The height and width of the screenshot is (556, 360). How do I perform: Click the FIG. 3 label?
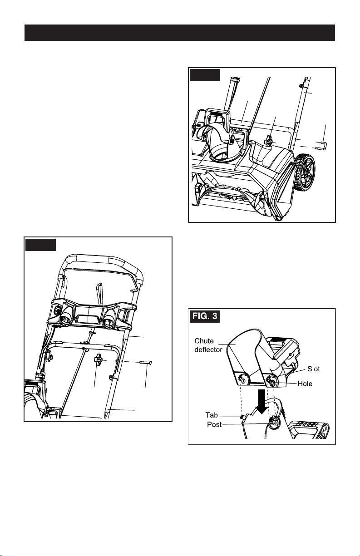[205, 316]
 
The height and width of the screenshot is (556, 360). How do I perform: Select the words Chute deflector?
[208, 345]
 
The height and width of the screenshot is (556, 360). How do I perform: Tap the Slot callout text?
[314, 369]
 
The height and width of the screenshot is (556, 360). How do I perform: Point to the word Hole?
[305, 384]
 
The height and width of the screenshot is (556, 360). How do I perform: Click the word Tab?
[212, 415]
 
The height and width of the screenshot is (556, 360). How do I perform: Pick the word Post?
[214, 424]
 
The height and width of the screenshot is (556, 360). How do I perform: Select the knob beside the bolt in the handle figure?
[99, 359]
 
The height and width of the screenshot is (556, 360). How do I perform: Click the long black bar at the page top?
[179, 33]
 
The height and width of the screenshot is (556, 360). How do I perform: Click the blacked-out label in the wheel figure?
[205, 75]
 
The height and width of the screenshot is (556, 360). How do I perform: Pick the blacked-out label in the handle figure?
[41, 245]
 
